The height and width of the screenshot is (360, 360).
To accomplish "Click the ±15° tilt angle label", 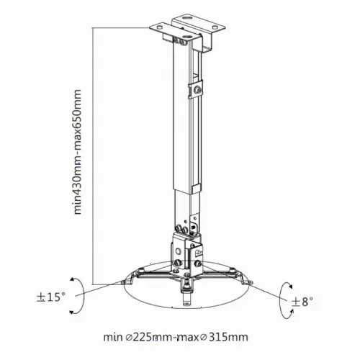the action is (51, 297).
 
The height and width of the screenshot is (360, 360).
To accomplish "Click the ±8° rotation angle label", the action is (302, 302).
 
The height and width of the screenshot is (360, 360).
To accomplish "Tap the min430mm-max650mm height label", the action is (78, 152).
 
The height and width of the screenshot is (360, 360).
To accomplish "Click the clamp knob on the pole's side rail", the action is (198, 89).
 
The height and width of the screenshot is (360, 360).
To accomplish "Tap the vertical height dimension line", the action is (93, 156).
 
